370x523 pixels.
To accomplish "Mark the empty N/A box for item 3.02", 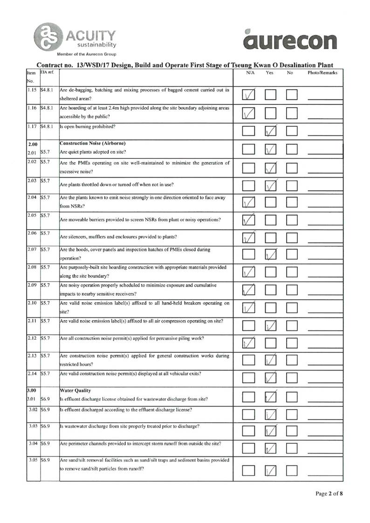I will click(x=249, y=414).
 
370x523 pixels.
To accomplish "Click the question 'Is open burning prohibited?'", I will click(x=90, y=126).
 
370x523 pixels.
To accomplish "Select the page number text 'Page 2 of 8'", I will click(x=329, y=493).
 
